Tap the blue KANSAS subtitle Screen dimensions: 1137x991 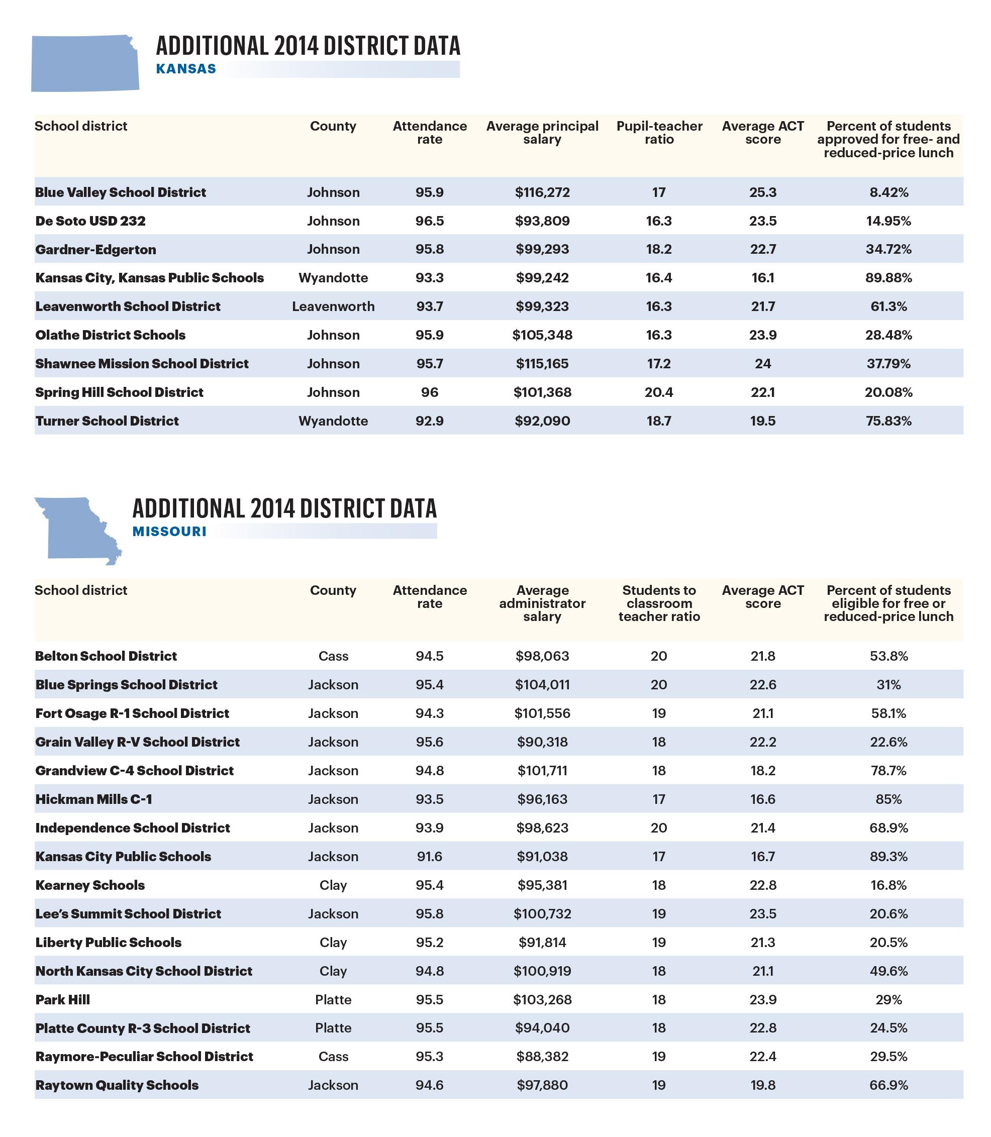pos(186,69)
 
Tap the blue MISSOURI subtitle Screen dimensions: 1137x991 pos(169,532)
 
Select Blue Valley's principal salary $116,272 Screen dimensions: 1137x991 pos(542,192)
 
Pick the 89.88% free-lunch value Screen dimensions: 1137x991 pos(888,278)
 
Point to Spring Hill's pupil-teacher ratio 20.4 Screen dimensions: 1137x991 pos(658,392)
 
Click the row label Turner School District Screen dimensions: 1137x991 pos(107,421)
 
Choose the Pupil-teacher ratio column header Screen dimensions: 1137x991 pos(659,133)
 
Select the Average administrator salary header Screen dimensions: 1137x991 pos(542,603)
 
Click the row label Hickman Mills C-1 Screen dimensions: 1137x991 pos(93,799)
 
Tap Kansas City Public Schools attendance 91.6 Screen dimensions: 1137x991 pos(429,857)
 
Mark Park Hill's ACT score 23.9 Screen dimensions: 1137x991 pos(763,1000)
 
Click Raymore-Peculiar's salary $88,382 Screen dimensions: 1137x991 pos(542,1057)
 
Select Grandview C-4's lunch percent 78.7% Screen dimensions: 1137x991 pos(888,771)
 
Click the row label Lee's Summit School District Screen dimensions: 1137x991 pos(128,914)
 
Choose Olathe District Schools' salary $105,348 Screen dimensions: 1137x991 pos(542,336)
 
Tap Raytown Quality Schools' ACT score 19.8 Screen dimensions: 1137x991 pos(763,1086)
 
